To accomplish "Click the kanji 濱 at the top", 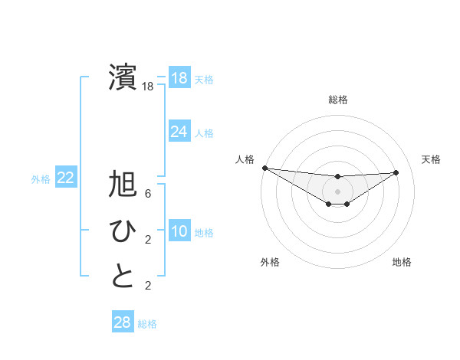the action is (123, 77).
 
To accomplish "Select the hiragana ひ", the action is (123, 231).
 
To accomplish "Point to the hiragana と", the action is (123, 276).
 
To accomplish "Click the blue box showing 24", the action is (179, 132).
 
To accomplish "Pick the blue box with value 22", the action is (65, 178).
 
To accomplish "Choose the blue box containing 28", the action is (122, 322).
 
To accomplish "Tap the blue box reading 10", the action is (179, 231).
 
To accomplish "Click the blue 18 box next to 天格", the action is (179, 78).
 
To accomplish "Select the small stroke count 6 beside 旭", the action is (148, 195).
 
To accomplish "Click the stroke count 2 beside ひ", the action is (148, 240).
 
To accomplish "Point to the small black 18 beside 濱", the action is (148, 87).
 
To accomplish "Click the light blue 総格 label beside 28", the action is (147, 324).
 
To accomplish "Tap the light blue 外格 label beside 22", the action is (41, 179).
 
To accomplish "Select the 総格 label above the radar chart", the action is (337, 100).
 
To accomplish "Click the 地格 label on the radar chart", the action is (402, 262).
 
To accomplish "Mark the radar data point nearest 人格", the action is (264, 168).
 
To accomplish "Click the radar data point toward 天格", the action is (396, 172).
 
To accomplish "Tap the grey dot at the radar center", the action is (337, 191).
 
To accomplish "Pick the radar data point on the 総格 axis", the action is (337, 177).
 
